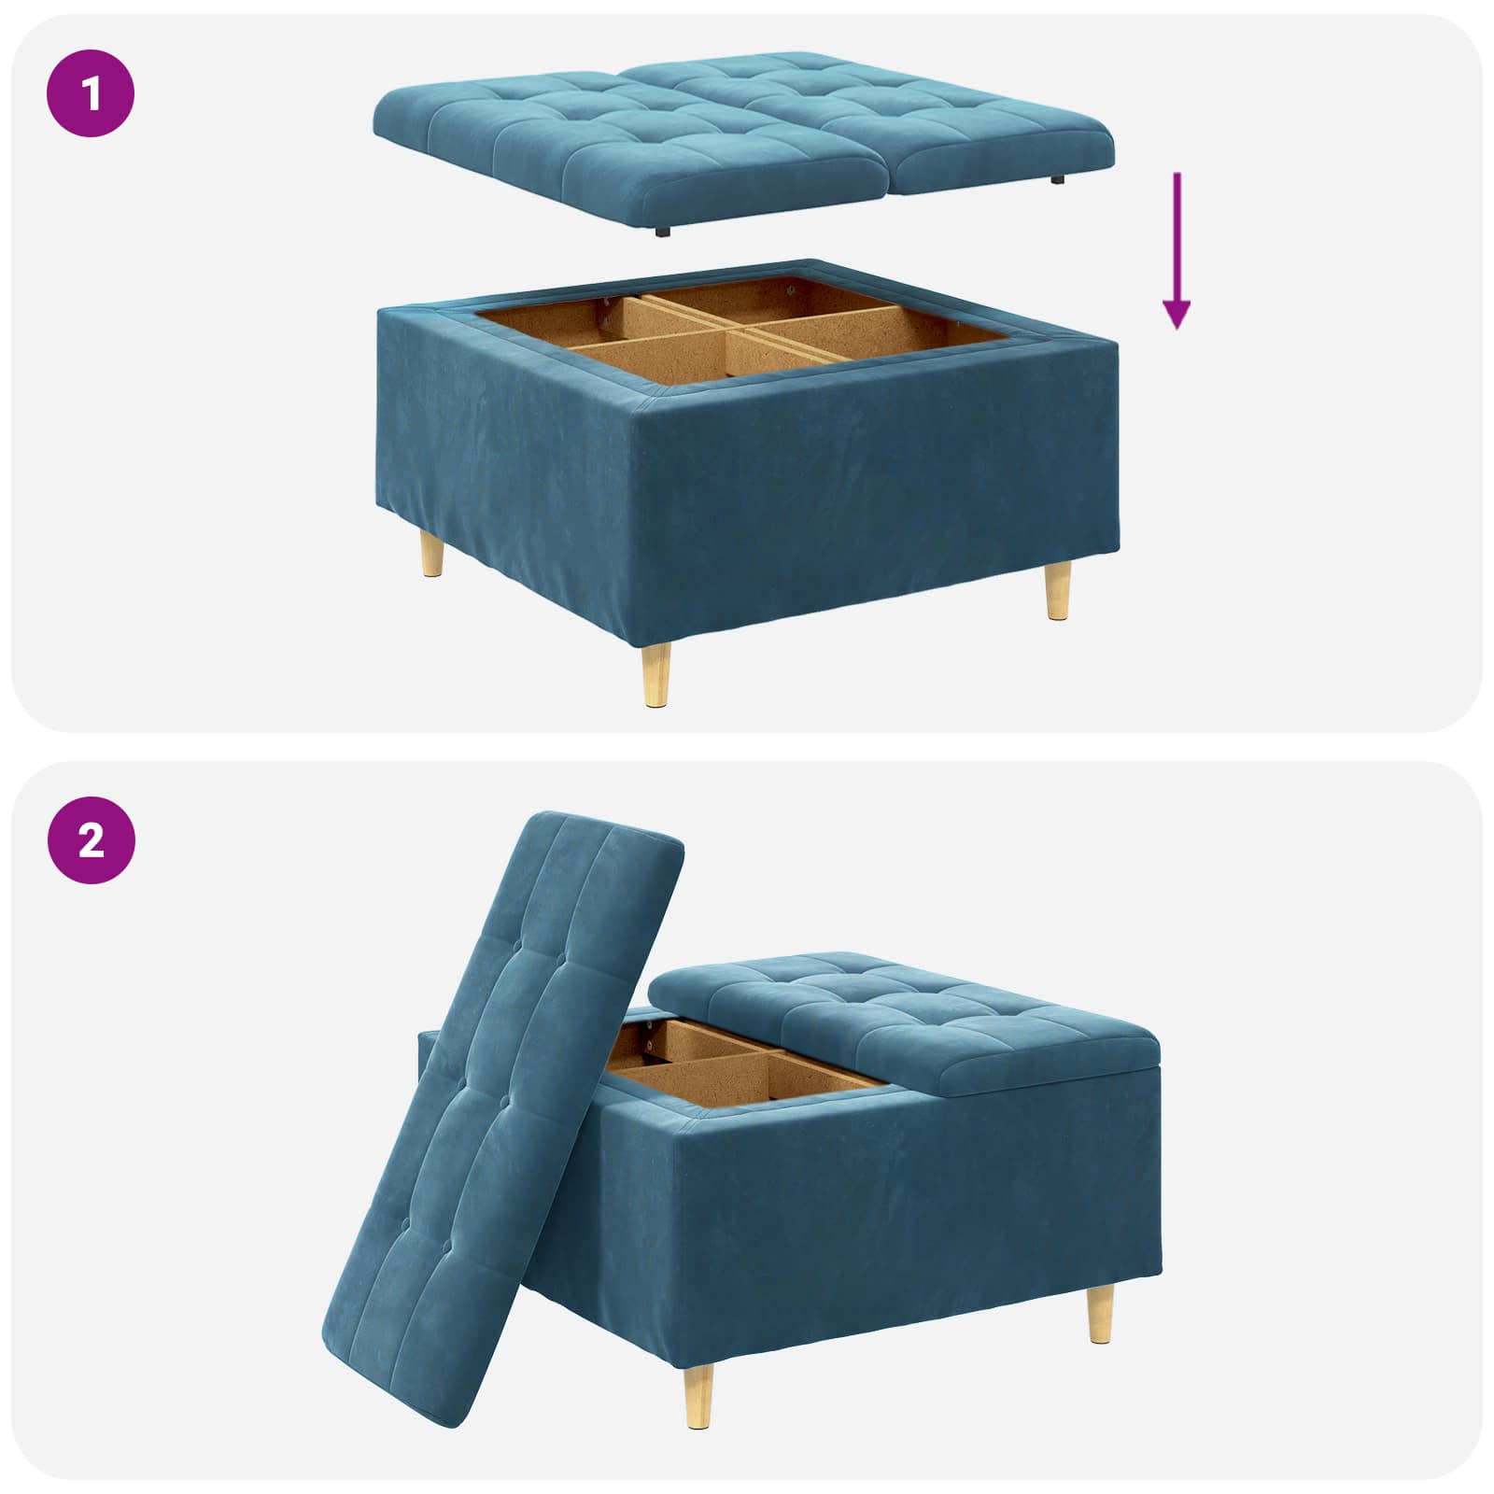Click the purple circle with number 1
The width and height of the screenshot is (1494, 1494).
tap(91, 94)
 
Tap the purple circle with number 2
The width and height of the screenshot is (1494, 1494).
tap(91, 841)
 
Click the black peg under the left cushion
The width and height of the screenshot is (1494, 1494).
tap(662, 232)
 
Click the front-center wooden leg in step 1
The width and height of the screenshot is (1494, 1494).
tap(655, 673)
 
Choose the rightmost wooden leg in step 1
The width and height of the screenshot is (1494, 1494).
tap(1057, 589)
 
